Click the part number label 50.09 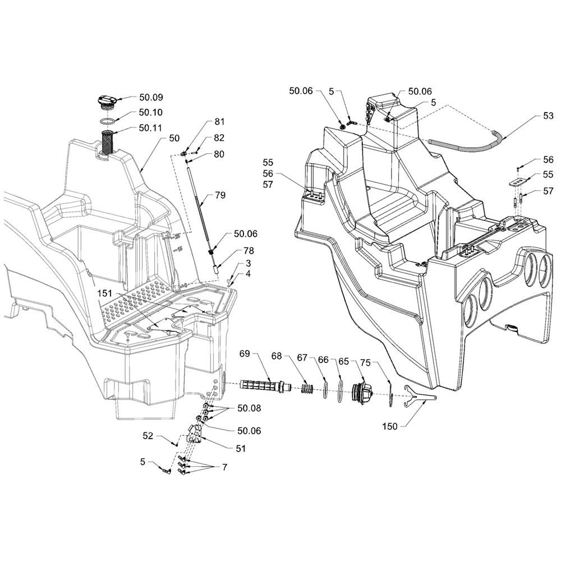pyautogui.click(x=151, y=97)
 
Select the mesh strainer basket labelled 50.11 pyautogui.click(x=107, y=143)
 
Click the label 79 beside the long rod pyautogui.click(x=220, y=195)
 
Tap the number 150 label pyautogui.click(x=390, y=426)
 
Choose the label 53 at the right pyautogui.click(x=548, y=116)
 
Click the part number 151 pyautogui.click(x=105, y=293)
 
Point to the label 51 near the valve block pyautogui.click(x=241, y=448)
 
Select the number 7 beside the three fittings pyautogui.click(x=224, y=467)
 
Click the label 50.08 pyautogui.click(x=250, y=408)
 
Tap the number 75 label pyautogui.click(x=365, y=363)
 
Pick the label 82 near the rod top pyautogui.click(x=219, y=138)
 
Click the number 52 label pyautogui.click(x=148, y=436)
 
